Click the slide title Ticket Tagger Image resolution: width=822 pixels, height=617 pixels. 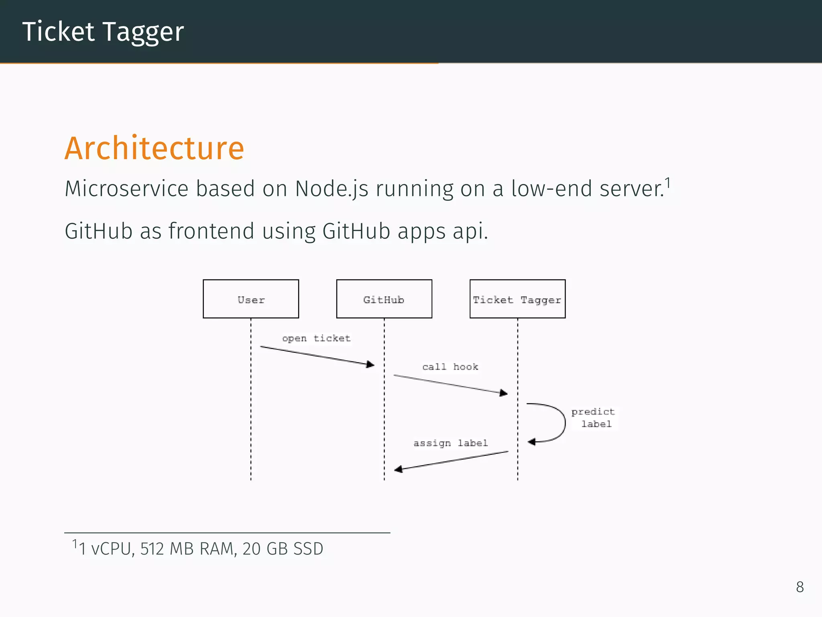tap(103, 32)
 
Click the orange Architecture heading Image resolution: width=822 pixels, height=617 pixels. tap(154, 148)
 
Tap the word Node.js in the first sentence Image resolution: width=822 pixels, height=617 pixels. tap(332, 189)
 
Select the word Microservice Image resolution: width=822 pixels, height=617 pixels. tap(126, 189)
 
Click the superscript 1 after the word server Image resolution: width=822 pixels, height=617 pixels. tap(668, 183)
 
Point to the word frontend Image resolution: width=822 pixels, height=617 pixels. tap(211, 231)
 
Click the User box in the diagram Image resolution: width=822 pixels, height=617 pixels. tap(251, 299)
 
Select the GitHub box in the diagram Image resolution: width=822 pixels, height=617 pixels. tap(384, 299)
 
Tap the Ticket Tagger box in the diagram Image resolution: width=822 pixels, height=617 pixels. tap(517, 299)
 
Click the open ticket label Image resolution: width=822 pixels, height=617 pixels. tap(316, 338)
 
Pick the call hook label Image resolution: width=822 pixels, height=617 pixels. tap(450, 367)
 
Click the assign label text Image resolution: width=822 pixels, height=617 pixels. tap(450, 443)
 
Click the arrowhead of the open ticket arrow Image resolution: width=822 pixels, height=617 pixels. tap(371, 364)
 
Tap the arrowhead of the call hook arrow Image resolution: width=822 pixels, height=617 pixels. tap(504, 393)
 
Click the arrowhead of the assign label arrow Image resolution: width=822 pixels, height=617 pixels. tap(398, 469)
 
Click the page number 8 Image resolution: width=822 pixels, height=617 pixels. tap(800, 587)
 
